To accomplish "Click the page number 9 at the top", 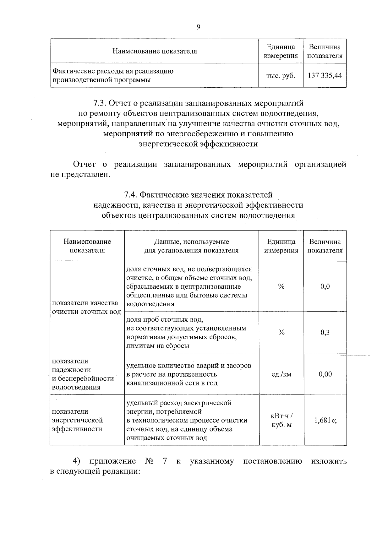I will [198, 27].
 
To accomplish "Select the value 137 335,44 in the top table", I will [325, 76].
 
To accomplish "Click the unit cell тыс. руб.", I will [281, 76].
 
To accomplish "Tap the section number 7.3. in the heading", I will [101, 103].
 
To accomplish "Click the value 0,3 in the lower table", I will [325, 333].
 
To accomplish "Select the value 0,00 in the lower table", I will [325, 374].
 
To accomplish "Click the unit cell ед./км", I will [281, 374].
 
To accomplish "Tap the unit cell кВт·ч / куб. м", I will [281, 421].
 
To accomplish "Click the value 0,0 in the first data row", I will [325, 286].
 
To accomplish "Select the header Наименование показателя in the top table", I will [155, 51].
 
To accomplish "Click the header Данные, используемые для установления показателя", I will [191, 246].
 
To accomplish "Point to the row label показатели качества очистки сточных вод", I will [86, 307].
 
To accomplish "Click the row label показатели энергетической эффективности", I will [77, 420].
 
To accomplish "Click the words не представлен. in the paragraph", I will [80, 174].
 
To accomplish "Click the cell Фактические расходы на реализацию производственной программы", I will [113, 75].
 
